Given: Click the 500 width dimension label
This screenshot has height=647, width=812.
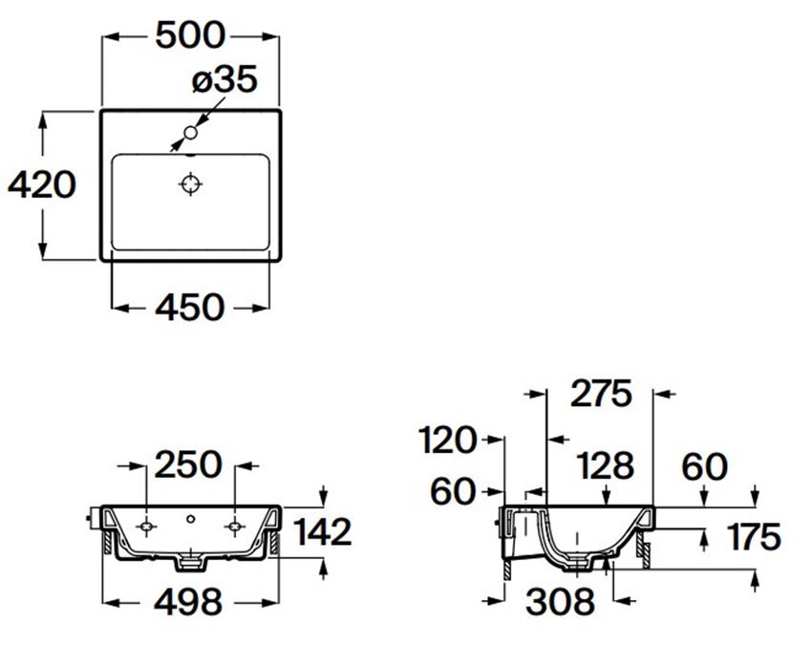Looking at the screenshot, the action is click(x=190, y=35).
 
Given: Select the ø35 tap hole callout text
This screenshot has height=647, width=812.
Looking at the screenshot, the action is click(x=224, y=79).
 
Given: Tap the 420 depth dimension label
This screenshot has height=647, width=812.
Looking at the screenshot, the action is click(x=42, y=184).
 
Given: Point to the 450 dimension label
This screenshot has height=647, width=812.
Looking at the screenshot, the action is click(x=190, y=307).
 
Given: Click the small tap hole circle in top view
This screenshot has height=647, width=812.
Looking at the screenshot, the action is click(x=190, y=133).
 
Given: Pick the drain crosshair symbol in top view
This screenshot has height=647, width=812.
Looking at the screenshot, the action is click(x=190, y=183).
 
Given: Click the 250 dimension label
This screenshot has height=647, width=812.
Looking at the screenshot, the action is click(x=188, y=464).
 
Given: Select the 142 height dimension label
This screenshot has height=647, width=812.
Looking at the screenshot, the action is click(x=322, y=531).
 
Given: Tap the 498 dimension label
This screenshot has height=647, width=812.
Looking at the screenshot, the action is click(x=189, y=601).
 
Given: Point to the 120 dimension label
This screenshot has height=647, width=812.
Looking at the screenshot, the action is click(x=446, y=440).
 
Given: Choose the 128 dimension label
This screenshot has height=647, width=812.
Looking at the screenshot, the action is click(x=605, y=465).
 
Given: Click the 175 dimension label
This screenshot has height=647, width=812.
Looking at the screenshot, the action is click(x=754, y=536).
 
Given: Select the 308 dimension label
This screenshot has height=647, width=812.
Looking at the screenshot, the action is click(x=561, y=601).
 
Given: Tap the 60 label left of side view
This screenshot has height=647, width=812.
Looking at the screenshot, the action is click(x=452, y=490).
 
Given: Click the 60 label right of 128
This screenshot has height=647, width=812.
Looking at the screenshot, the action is click(x=704, y=466).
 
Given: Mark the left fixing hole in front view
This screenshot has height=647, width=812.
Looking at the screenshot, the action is click(x=146, y=527).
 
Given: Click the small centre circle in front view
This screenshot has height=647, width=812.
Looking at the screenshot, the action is click(x=190, y=518).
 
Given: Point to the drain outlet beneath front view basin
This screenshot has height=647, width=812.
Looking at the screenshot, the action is click(x=191, y=563).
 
